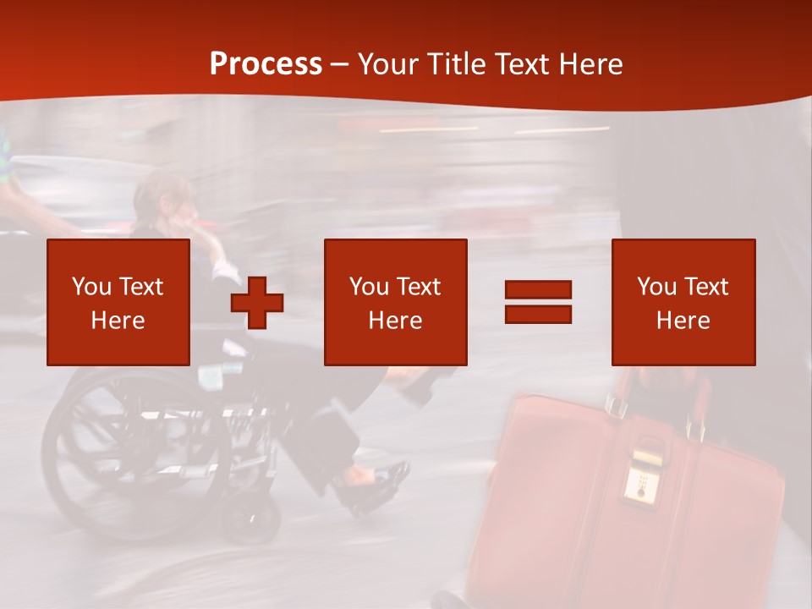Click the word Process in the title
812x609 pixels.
coord(266,64)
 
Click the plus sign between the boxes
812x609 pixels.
coord(257,302)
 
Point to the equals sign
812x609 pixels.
coord(538,302)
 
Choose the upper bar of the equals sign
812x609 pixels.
coord(538,290)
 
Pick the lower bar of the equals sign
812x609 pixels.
coord(538,314)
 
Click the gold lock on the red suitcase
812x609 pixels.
coord(643,474)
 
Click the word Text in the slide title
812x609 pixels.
coord(521,64)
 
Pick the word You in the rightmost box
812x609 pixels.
coord(656,287)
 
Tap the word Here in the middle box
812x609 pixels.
coord(395,321)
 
